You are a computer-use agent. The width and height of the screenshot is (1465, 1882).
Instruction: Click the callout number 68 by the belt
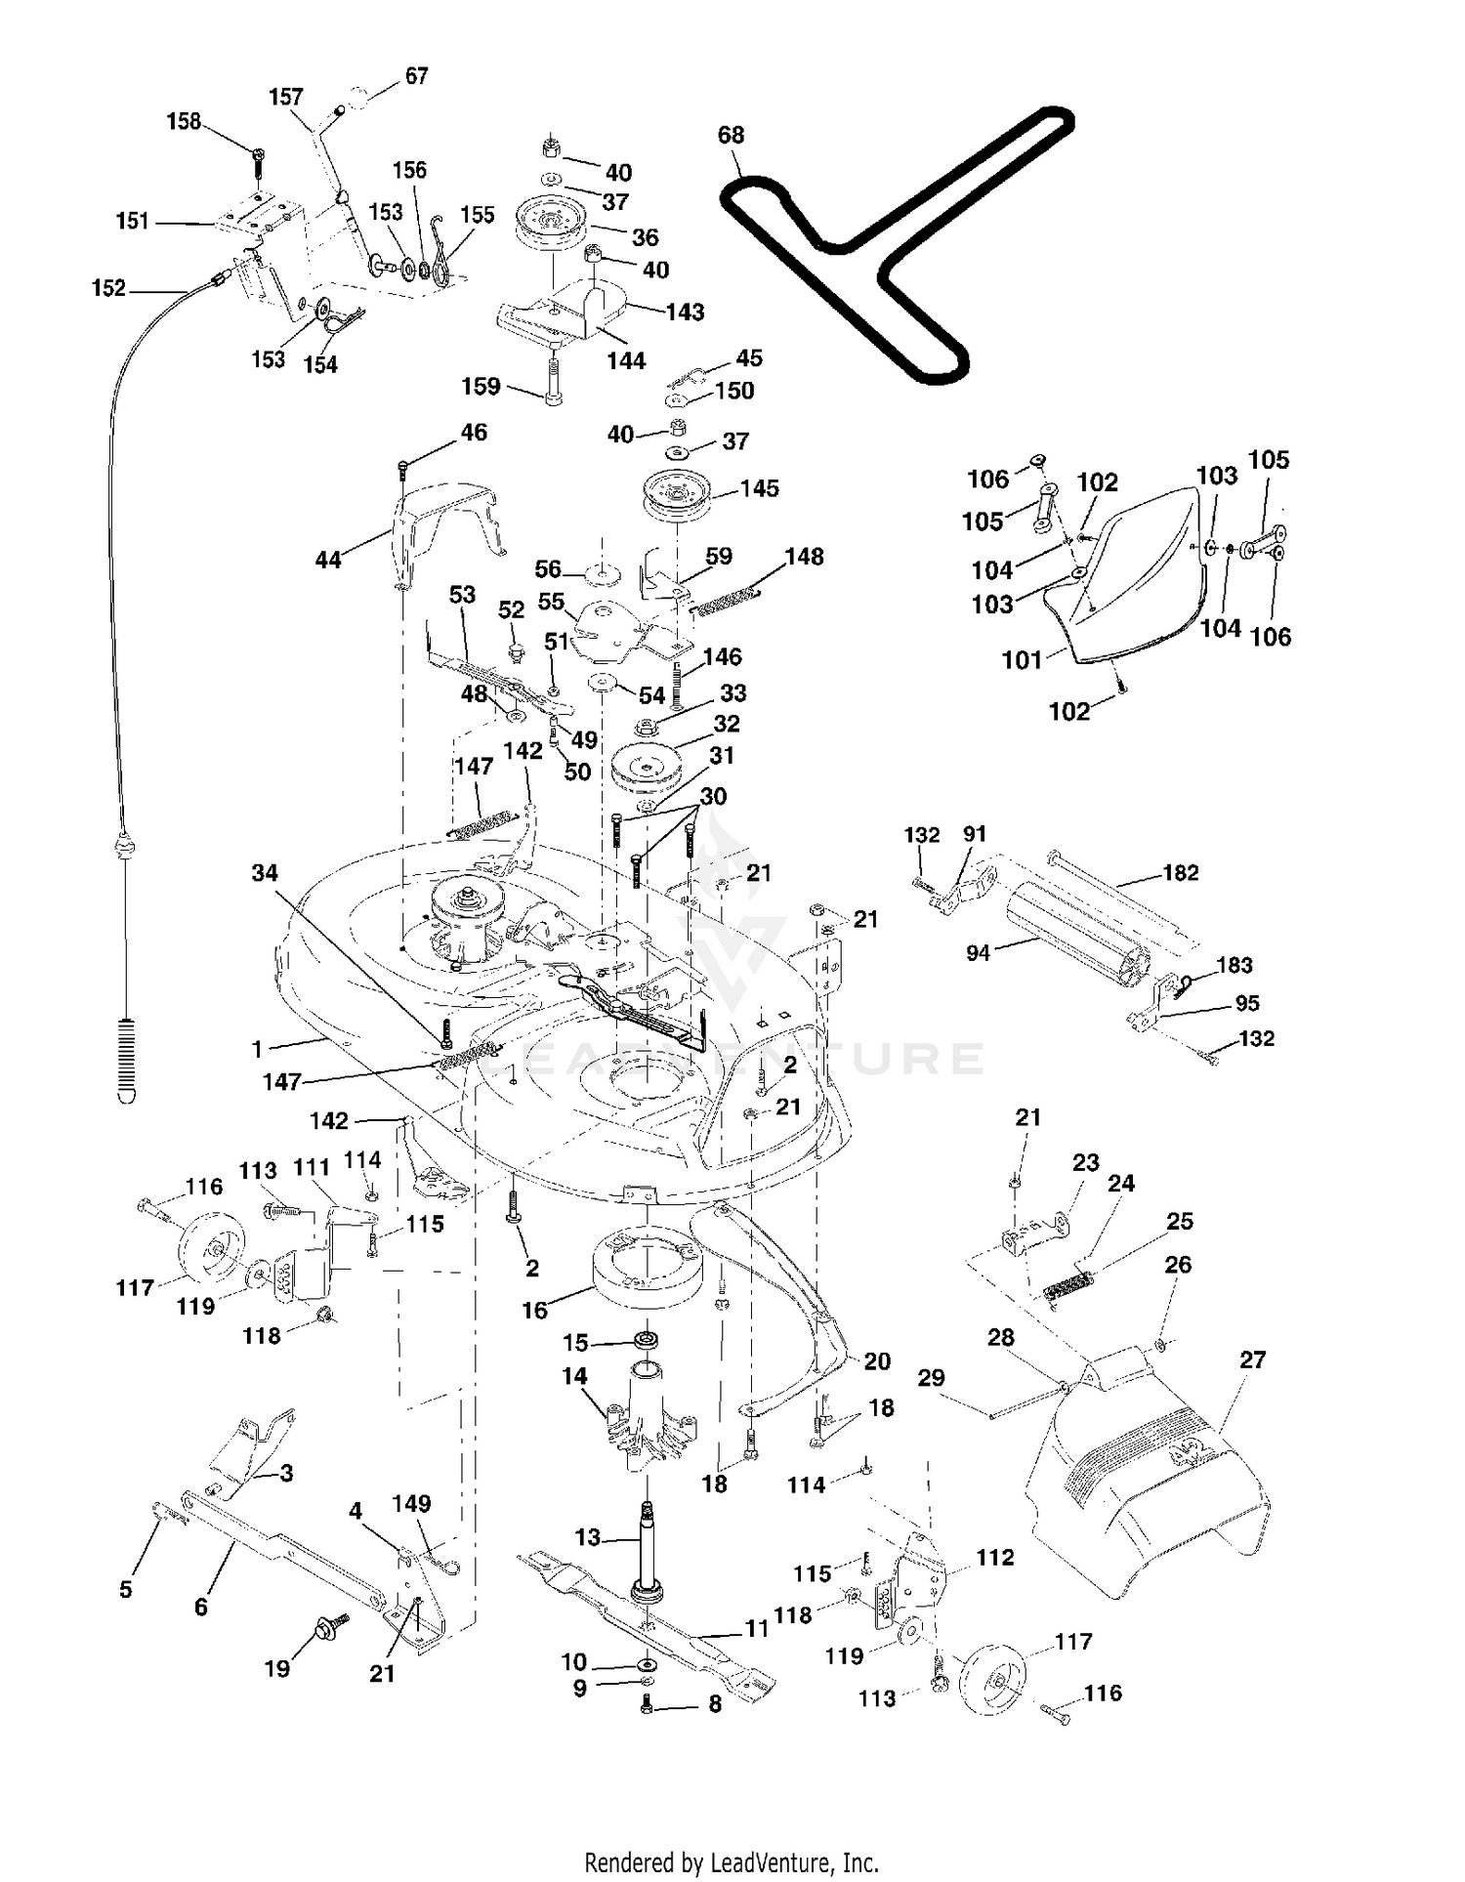pos(731,135)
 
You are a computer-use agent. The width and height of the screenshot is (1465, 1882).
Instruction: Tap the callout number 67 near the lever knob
pos(416,75)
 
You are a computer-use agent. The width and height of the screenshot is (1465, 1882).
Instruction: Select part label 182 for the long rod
pos(1180,872)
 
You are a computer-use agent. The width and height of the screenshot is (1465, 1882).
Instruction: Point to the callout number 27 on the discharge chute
pos(1252,1359)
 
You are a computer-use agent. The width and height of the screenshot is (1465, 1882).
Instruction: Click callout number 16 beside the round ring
pos(534,1310)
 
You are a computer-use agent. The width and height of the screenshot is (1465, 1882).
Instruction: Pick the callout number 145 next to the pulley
pos(759,488)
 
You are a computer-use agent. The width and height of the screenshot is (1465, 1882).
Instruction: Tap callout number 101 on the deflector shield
pos(1022,660)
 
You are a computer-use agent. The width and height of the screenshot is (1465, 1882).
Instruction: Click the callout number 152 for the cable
pos(108,288)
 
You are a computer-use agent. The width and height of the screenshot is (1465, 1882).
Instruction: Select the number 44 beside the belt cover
pos(328,560)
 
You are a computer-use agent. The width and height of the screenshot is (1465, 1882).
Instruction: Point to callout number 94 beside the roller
pos(978,952)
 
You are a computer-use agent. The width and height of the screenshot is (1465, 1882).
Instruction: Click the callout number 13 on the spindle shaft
pos(587,1537)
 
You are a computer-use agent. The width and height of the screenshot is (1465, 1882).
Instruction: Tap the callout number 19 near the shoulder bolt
pos(277,1668)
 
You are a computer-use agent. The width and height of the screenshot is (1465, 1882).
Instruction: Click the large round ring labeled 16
pos(646,1267)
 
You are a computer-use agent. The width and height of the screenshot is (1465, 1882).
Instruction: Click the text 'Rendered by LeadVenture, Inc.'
pos(732,1862)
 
